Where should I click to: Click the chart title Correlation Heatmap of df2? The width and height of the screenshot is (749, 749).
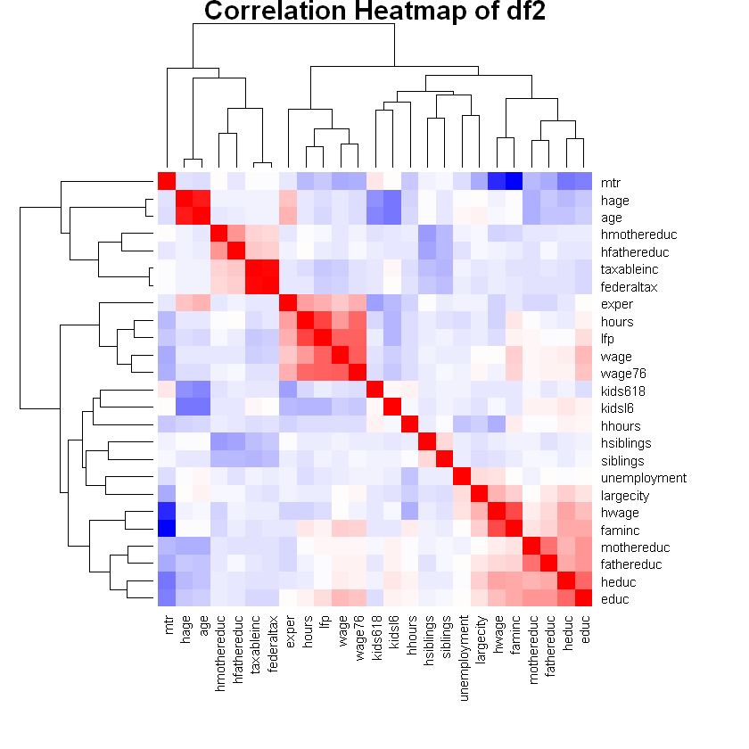374,12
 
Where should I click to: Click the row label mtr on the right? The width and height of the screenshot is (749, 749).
610,183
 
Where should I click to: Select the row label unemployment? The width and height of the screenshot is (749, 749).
638,478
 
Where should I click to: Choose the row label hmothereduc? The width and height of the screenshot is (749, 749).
638,235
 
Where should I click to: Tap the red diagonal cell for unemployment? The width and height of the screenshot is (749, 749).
462,477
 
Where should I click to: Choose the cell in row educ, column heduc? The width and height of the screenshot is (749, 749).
566,599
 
